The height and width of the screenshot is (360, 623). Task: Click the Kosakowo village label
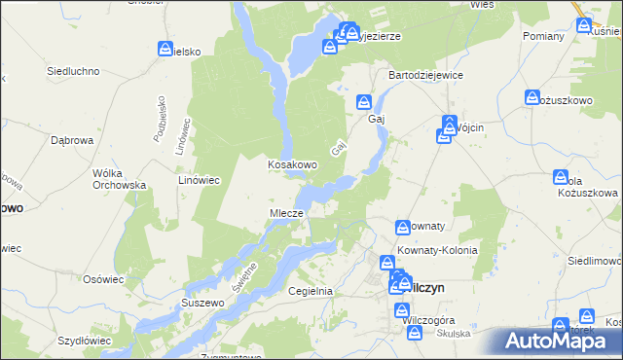(292, 165)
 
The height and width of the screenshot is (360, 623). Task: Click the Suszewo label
(203, 304)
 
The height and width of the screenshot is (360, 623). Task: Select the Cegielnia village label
(311, 291)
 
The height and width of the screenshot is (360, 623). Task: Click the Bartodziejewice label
(425, 75)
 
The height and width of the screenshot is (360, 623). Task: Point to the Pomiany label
(543, 36)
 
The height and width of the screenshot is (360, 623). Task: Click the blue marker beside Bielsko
(165, 49)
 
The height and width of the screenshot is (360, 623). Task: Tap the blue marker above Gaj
(364, 101)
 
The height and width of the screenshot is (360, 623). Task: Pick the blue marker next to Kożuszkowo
(532, 97)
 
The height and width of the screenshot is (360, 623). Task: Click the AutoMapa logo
(561, 340)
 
